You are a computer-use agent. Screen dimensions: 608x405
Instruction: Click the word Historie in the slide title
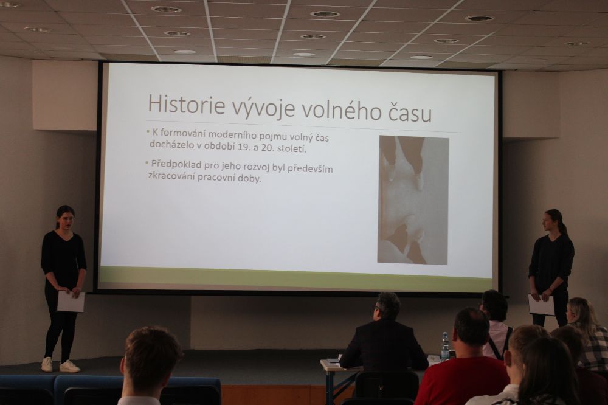pos(186,105)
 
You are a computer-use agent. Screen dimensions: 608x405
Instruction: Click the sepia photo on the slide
pos(413,200)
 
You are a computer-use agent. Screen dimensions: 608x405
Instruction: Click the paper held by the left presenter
pos(71,302)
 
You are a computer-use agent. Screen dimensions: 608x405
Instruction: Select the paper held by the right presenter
pos(541,305)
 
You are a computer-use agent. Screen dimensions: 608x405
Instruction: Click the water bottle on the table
pos(445,347)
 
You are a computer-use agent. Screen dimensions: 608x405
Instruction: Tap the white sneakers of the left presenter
pos(60,365)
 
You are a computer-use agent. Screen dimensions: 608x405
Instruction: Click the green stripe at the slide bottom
pos(295,277)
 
